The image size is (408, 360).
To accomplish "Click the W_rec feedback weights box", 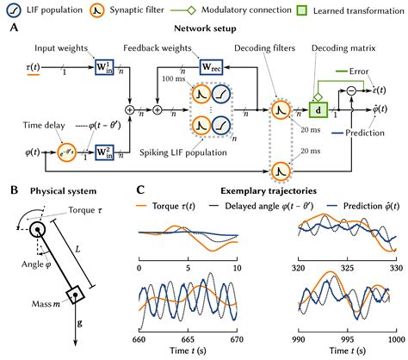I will (x=211, y=66).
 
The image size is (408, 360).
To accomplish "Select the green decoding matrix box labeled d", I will (x=314, y=110).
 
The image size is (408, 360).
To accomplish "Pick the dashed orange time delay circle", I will (x=40, y=156).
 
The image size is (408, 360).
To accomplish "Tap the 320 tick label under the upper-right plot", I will (x=297, y=268).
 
